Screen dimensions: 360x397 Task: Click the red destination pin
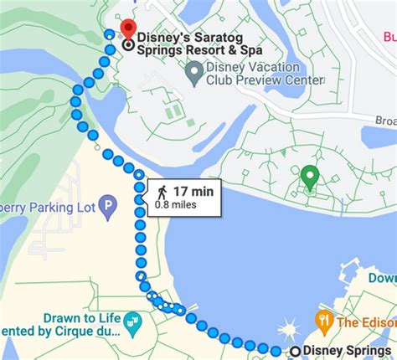pos(127,30)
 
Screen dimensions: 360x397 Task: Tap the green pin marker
pos(310,177)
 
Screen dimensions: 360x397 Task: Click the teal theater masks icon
pos(132,321)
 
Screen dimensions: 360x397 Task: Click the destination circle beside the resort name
pos(127,46)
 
